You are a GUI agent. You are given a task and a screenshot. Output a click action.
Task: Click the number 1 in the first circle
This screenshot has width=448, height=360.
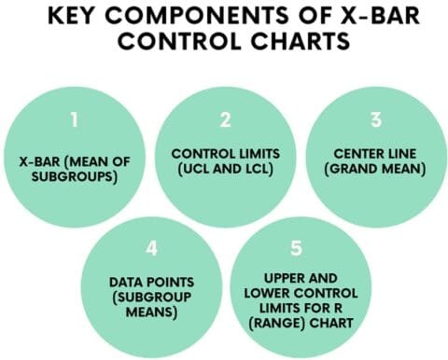pyautogui.click(x=74, y=120)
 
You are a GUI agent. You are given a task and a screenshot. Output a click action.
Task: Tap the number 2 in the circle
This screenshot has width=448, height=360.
pyautogui.click(x=224, y=120)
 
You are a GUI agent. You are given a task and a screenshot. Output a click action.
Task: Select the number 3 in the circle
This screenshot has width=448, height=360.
pyautogui.click(x=374, y=120)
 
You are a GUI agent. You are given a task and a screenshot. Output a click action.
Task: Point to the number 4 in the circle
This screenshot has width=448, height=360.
pyautogui.click(x=149, y=250)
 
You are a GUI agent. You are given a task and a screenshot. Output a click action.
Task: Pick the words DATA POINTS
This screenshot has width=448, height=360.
pyautogui.click(x=149, y=281)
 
